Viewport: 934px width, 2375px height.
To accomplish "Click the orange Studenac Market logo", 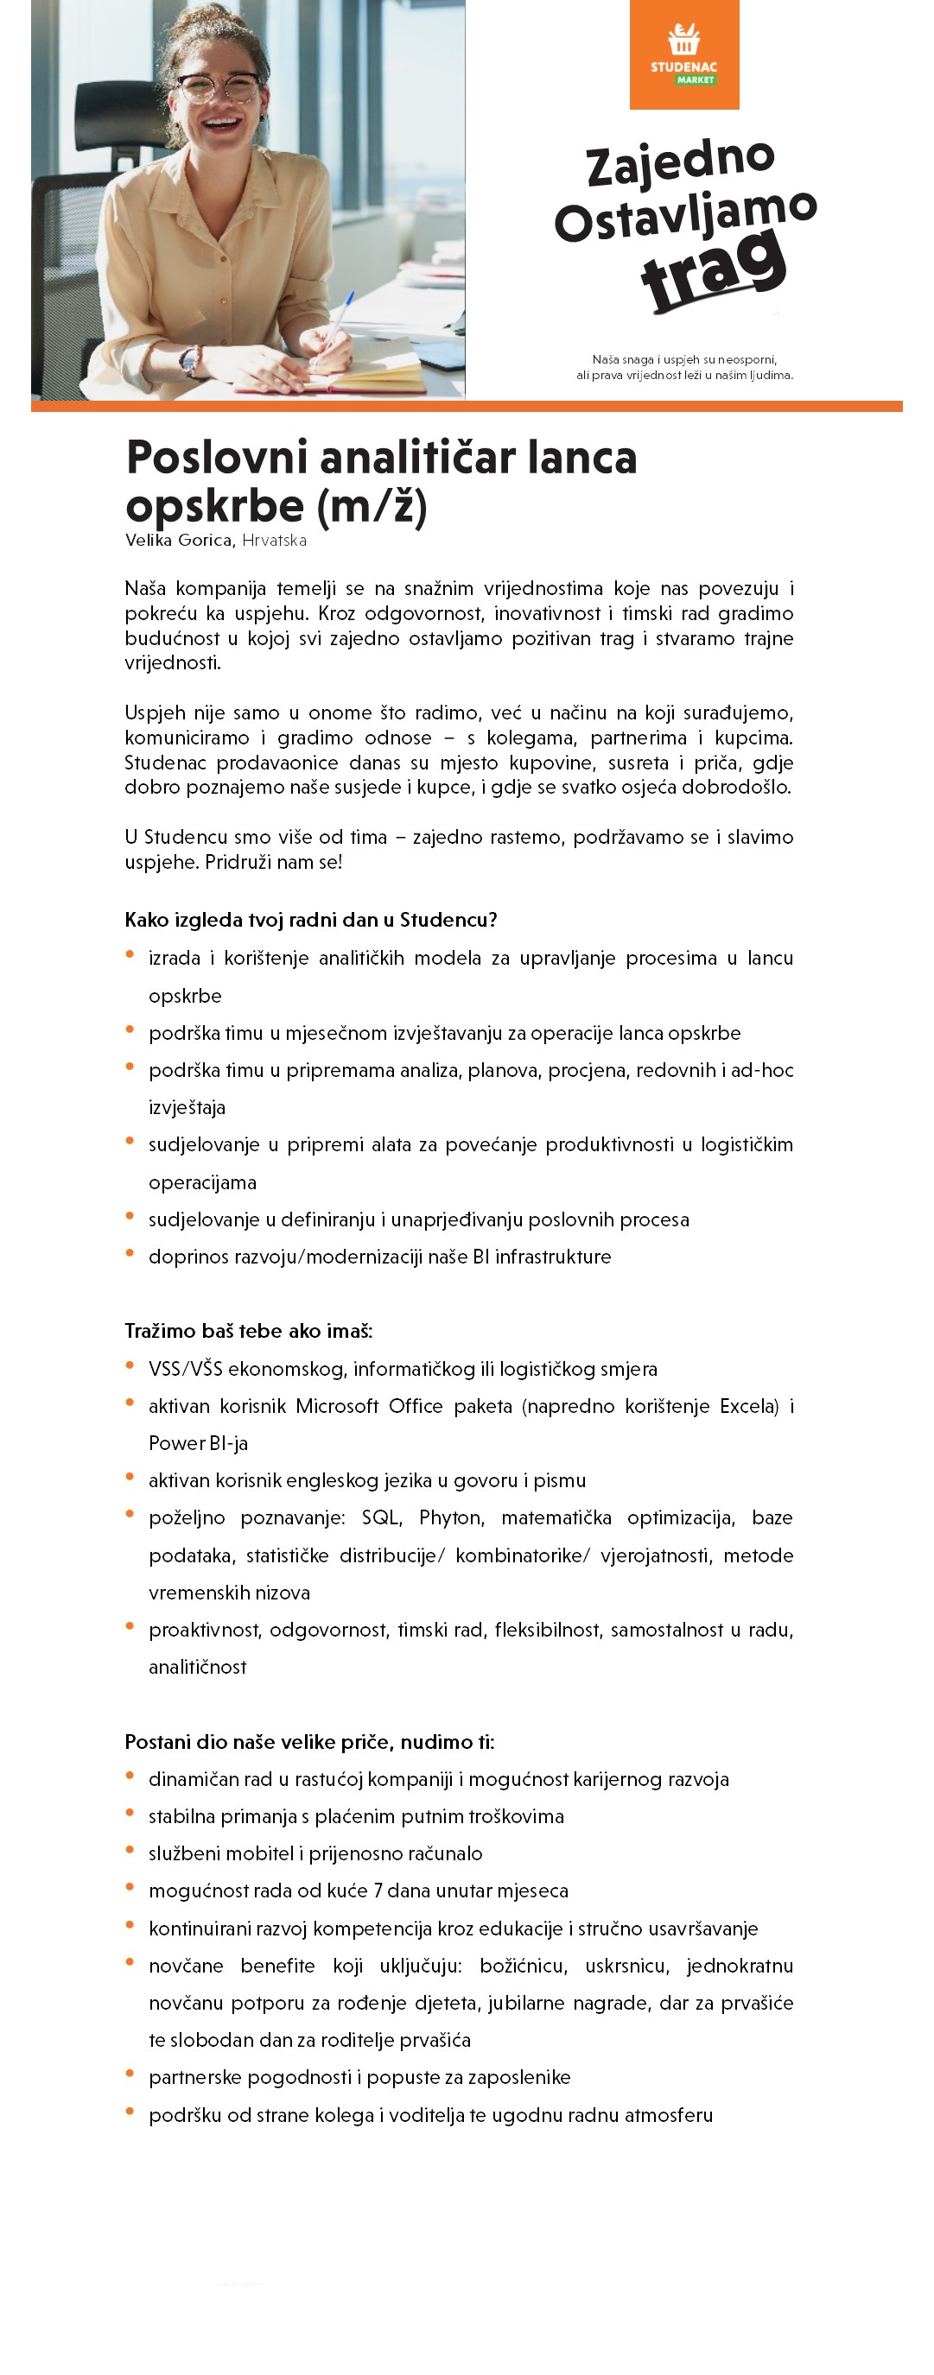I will [x=684, y=54].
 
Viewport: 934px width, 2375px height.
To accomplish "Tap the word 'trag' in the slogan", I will [x=714, y=270].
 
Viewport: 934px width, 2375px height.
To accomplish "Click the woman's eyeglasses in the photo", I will [x=219, y=88].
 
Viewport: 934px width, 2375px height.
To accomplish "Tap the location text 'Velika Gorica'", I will [x=179, y=541].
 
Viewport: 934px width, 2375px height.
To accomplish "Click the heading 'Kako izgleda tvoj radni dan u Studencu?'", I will [x=311, y=919].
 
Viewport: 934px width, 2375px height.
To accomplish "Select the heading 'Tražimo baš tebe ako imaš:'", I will [x=249, y=1330].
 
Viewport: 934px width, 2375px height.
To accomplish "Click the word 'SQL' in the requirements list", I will [x=380, y=1517].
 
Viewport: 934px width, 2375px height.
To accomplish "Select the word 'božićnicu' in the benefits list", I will [x=522, y=1965].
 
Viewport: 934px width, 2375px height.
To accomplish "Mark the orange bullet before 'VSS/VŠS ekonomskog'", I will [x=130, y=1365].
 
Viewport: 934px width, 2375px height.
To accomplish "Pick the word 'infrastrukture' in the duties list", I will [x=553, y=1257].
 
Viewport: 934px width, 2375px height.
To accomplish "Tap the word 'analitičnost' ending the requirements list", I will [x=197, y=1667].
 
